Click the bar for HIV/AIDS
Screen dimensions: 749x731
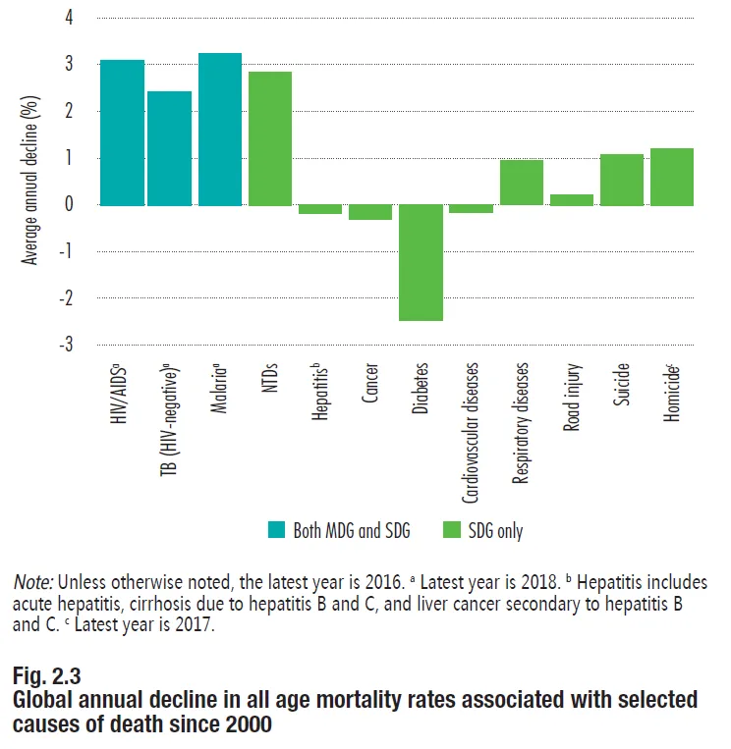(x=122, y=133)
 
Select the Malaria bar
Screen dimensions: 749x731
(x=220, y=129)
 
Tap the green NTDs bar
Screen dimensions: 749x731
(x=270, y=138)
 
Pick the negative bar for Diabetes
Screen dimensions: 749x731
(x=421, y=262)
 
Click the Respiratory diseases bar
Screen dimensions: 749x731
(x=522, y=183)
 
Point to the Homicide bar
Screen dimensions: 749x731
(x=672, y=177)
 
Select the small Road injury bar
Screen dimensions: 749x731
(x=572, y=199)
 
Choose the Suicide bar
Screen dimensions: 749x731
(x=622, y=180)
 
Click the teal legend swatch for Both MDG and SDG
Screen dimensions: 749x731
(x=275, y=531)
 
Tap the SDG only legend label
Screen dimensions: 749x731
(x=496, y=531)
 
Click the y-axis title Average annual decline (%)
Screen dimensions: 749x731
(x=30, y=181)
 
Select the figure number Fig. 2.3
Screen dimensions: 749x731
(x=46, y=676)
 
